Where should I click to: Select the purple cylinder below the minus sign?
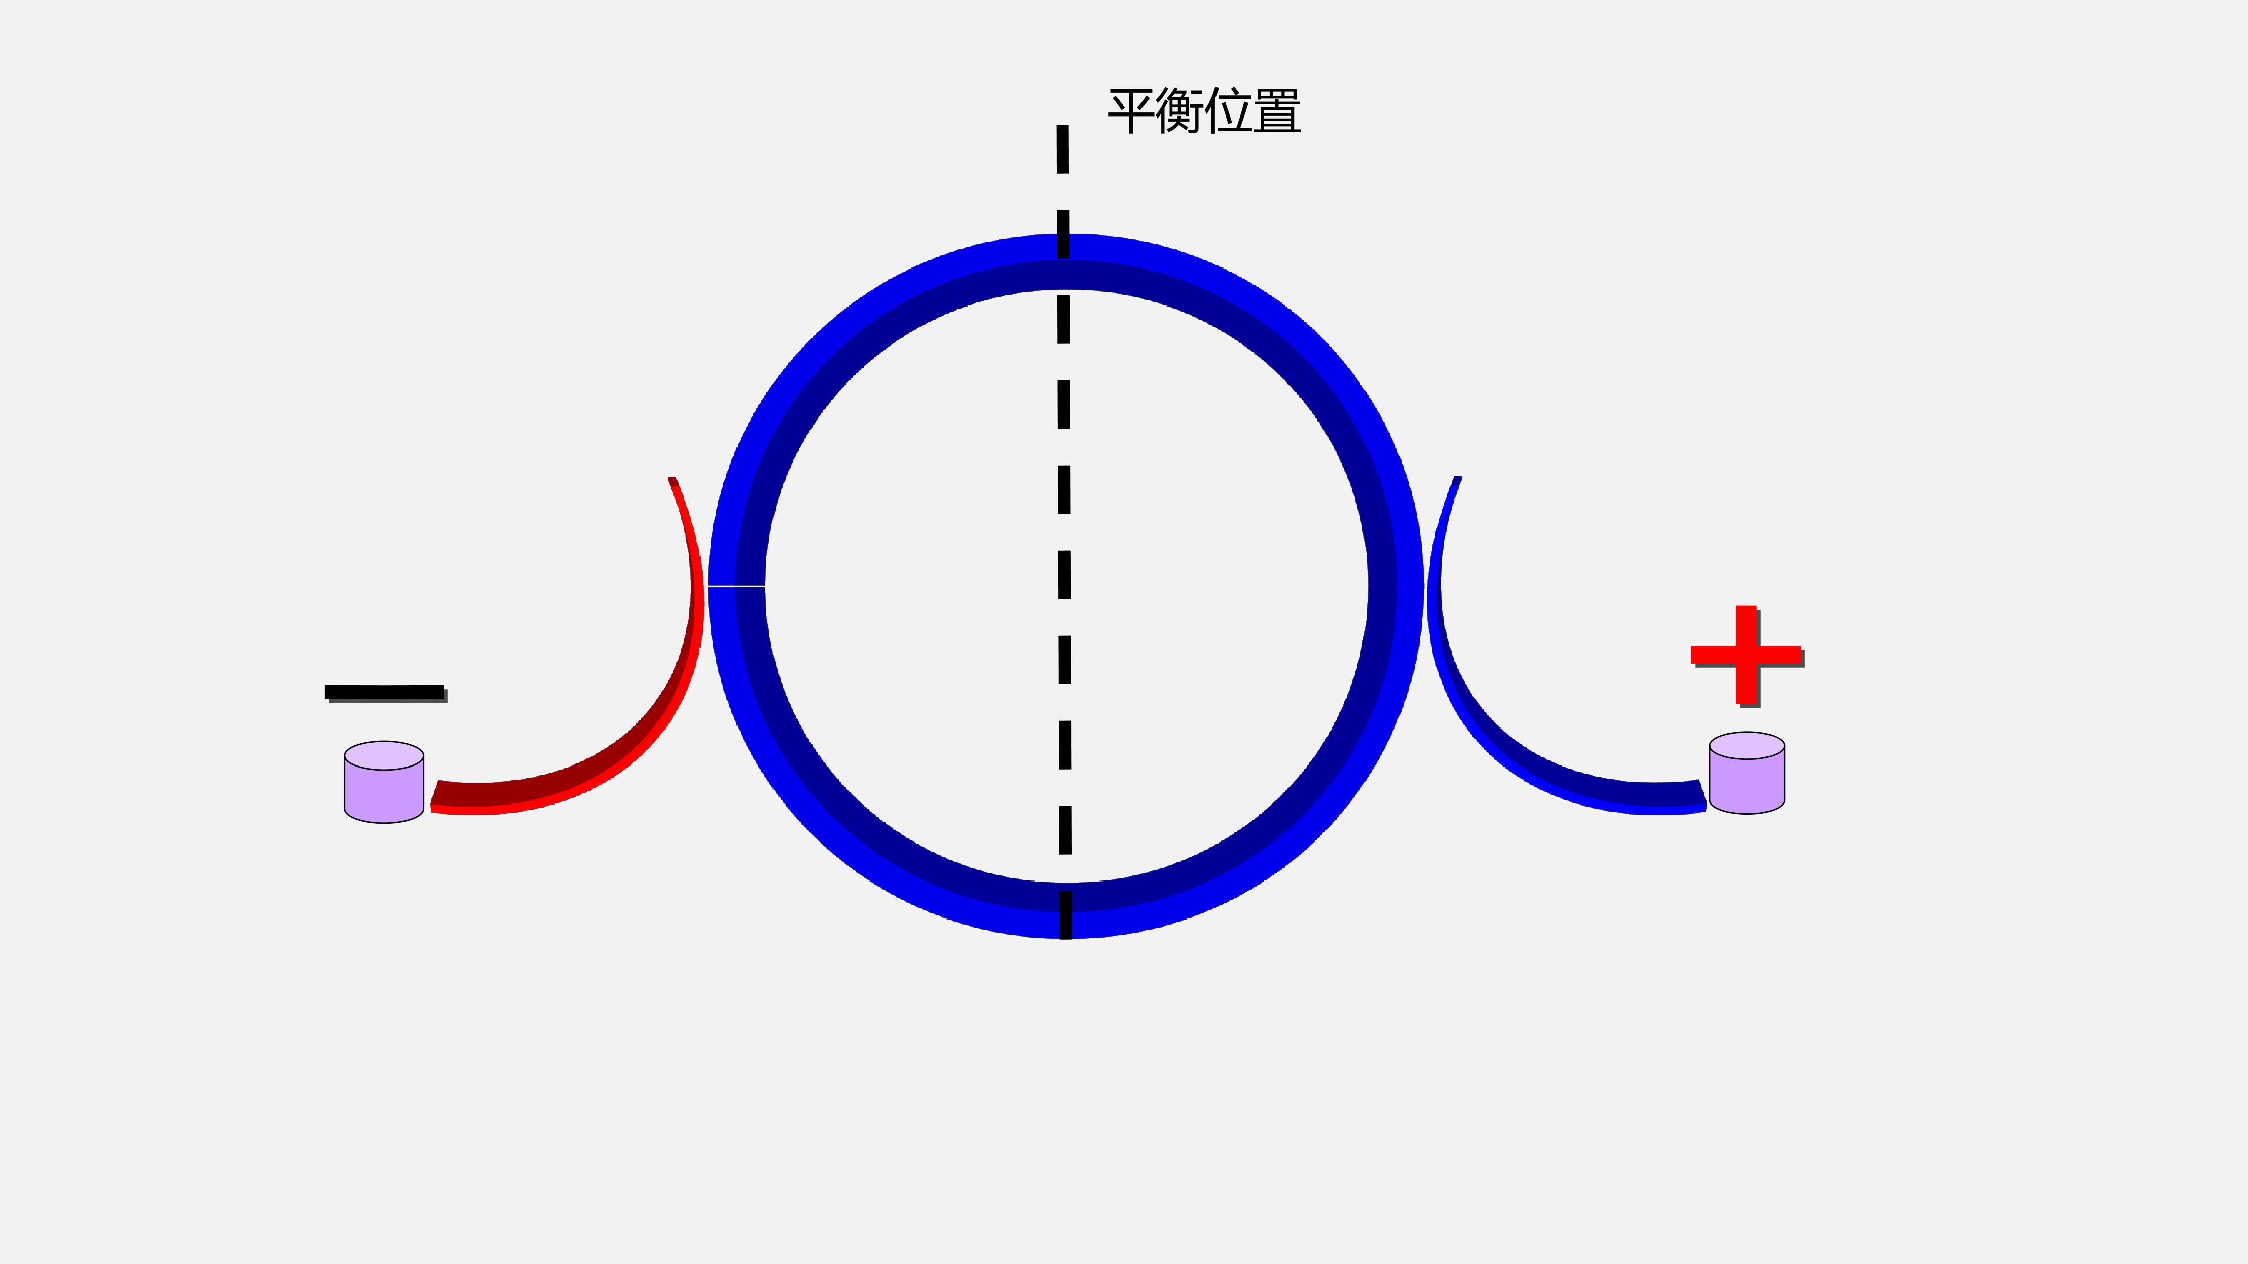point(384,782)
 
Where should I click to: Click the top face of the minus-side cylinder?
point(384,755)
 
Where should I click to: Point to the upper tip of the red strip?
point(672,478)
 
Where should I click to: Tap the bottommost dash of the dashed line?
point(1065,915)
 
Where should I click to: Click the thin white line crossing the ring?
point(736,586)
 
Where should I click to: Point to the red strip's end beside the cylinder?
point(434,795)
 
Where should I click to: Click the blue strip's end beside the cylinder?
point(1702,795)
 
